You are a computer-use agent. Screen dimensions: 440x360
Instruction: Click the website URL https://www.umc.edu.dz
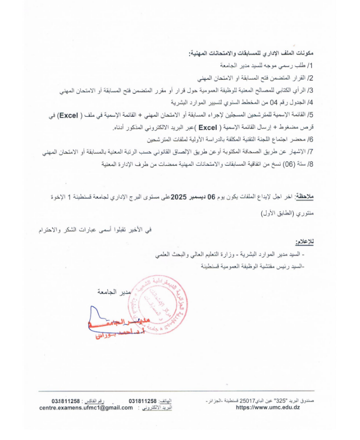(268, 408)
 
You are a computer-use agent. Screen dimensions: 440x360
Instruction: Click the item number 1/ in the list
(310, 66)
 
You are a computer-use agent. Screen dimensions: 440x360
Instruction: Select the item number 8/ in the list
(310, 164)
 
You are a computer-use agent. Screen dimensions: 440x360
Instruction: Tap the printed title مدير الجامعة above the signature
(114, 292)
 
